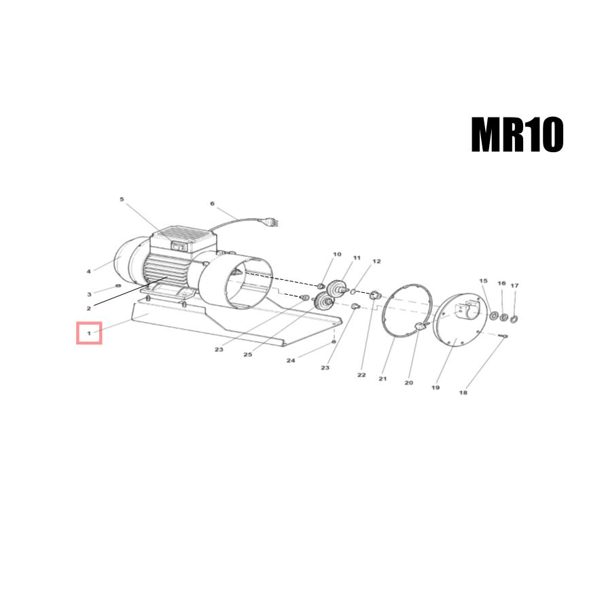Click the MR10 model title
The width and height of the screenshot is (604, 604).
(x=517, y=135)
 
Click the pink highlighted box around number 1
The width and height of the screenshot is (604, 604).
(x=89, y=333)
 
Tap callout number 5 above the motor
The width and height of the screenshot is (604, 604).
(x=122, y=199)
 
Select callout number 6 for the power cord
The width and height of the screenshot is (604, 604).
(x=212, y=203)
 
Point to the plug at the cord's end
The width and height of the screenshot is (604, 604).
(x=271, y=223)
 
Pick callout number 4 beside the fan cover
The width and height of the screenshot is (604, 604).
(x=88, y=271)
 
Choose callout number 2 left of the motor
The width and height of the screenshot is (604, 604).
(x=88, y=308)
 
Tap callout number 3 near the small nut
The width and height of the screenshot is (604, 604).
(x=90, y=294)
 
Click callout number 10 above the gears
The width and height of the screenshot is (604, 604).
(x=337, y=254)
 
